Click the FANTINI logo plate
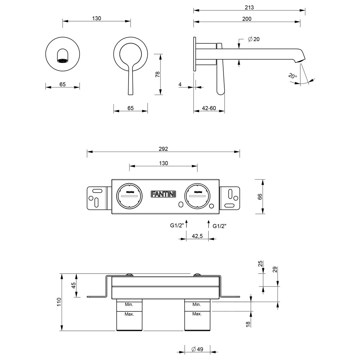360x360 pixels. (163, 194)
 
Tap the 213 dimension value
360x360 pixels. (249, 7)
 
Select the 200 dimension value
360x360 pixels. (247, 19)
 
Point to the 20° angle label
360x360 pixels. (293, 76)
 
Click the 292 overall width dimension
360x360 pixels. (163, 149)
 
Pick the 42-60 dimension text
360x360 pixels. (209, 108)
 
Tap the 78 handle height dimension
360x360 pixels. (157, 75)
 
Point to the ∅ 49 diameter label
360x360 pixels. (197, 349)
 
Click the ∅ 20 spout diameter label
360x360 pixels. (254, 39)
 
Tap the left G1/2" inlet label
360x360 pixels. (177, 226)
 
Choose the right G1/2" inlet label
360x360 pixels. (220, 226)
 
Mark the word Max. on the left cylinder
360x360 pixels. (129, 314)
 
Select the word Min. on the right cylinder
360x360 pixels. (197, 305)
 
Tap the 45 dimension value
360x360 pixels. (74, 286)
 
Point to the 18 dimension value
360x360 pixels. (248, 324)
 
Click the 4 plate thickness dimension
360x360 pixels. (180, 85)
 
